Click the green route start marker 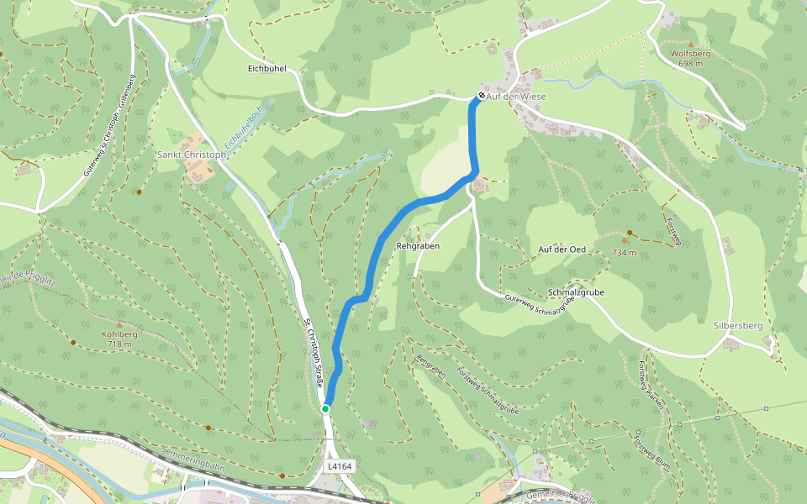(325, 409)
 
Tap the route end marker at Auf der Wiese (481, 96)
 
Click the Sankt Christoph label (192, 155)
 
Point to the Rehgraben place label (418, 245)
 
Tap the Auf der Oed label (562, 249)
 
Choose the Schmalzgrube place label (576, 292)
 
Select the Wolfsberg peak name (690, 54)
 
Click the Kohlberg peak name (119, 334)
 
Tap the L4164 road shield (340, 465)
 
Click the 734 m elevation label (624, 252)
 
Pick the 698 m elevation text (690, 64)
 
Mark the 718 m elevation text (119, 344)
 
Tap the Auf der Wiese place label (516, 97)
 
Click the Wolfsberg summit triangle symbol (691, 44)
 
